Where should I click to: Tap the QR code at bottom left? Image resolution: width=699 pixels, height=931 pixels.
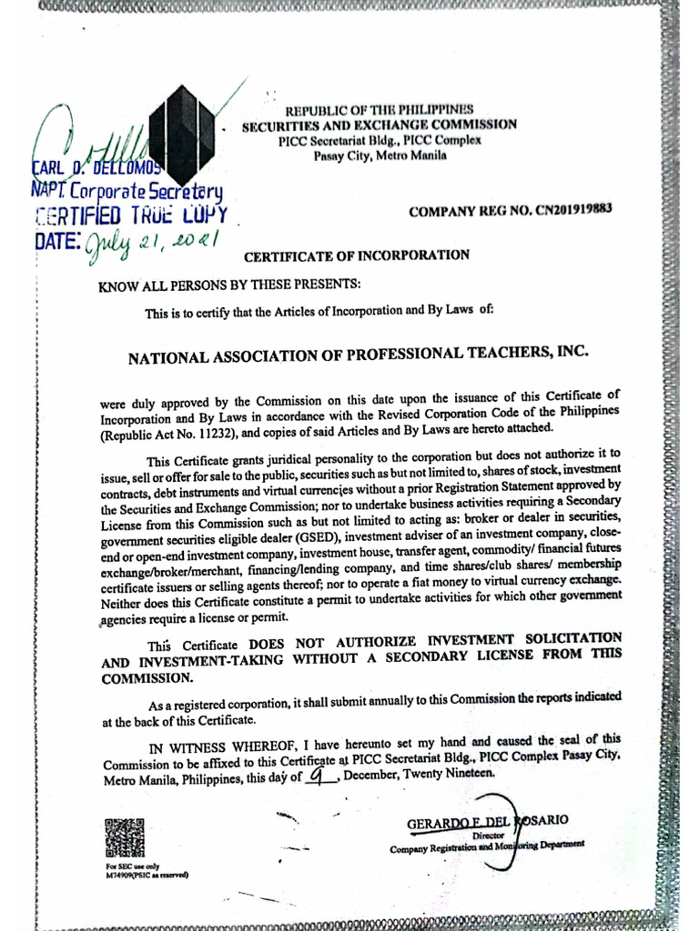(125, 838)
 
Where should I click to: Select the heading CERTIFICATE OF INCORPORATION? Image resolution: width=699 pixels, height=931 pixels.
(357, 255)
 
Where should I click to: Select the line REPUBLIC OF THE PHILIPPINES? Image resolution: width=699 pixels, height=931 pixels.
(380, 110)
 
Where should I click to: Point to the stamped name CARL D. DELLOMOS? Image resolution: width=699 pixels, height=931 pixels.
(96, 170)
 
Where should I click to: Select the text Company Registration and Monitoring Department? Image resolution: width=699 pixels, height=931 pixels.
(487, 846)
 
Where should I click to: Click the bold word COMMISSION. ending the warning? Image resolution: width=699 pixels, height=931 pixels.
(147, 678)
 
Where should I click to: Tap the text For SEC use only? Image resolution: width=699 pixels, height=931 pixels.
(127, 866)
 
